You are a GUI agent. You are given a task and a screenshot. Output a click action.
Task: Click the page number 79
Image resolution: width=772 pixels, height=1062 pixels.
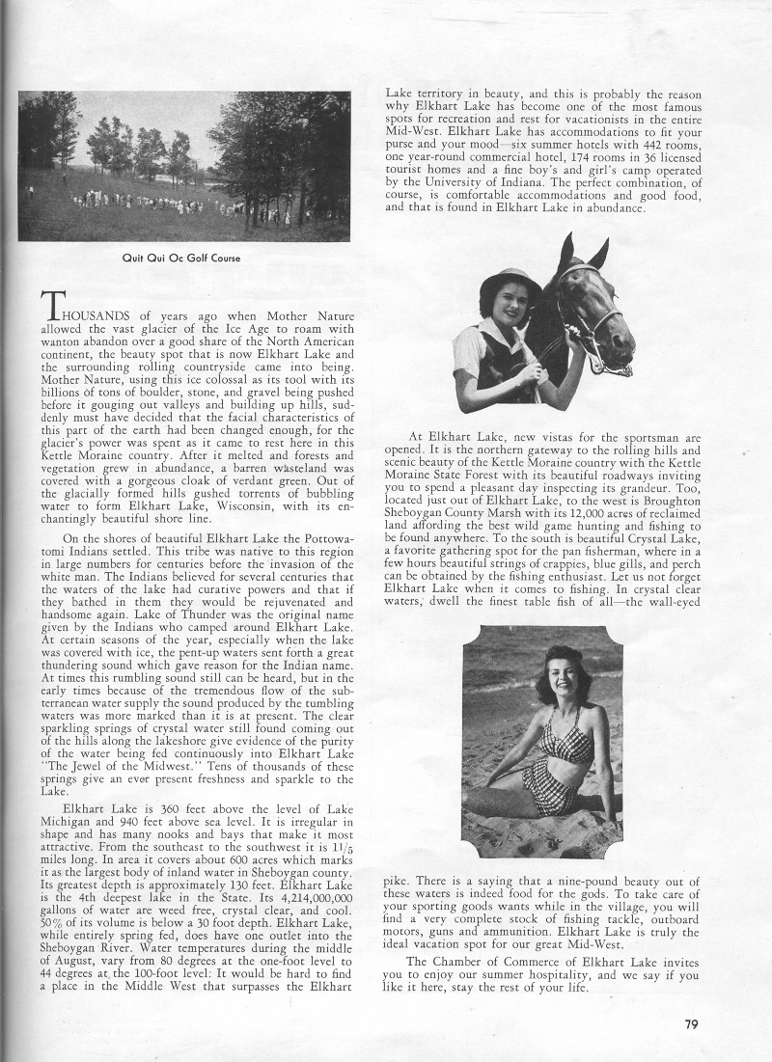tap(691, 1024)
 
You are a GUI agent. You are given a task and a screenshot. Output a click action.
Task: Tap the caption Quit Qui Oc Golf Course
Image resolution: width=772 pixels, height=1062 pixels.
tap(183, 258)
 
